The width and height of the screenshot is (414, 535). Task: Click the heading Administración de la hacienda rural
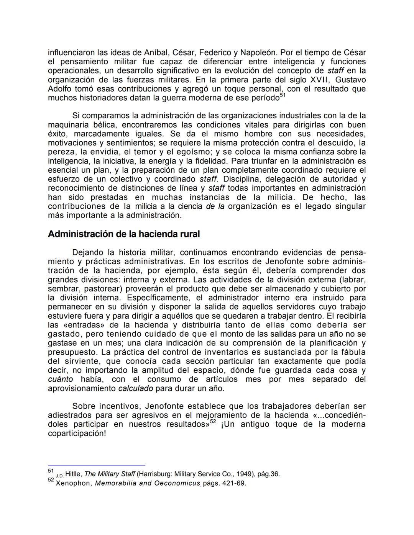point(123,234)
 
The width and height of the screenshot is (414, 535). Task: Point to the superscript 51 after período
point(283,95)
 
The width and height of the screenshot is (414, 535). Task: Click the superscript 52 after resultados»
point(213,422)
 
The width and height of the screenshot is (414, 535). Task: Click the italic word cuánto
point(61,380)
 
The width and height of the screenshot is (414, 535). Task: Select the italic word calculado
point(135,389)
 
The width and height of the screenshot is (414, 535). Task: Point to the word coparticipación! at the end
point(77,434)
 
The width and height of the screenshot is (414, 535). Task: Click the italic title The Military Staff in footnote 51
point(109,474)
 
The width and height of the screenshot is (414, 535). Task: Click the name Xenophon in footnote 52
point(74,483)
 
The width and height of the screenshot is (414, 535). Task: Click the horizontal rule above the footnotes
point(97,465)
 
